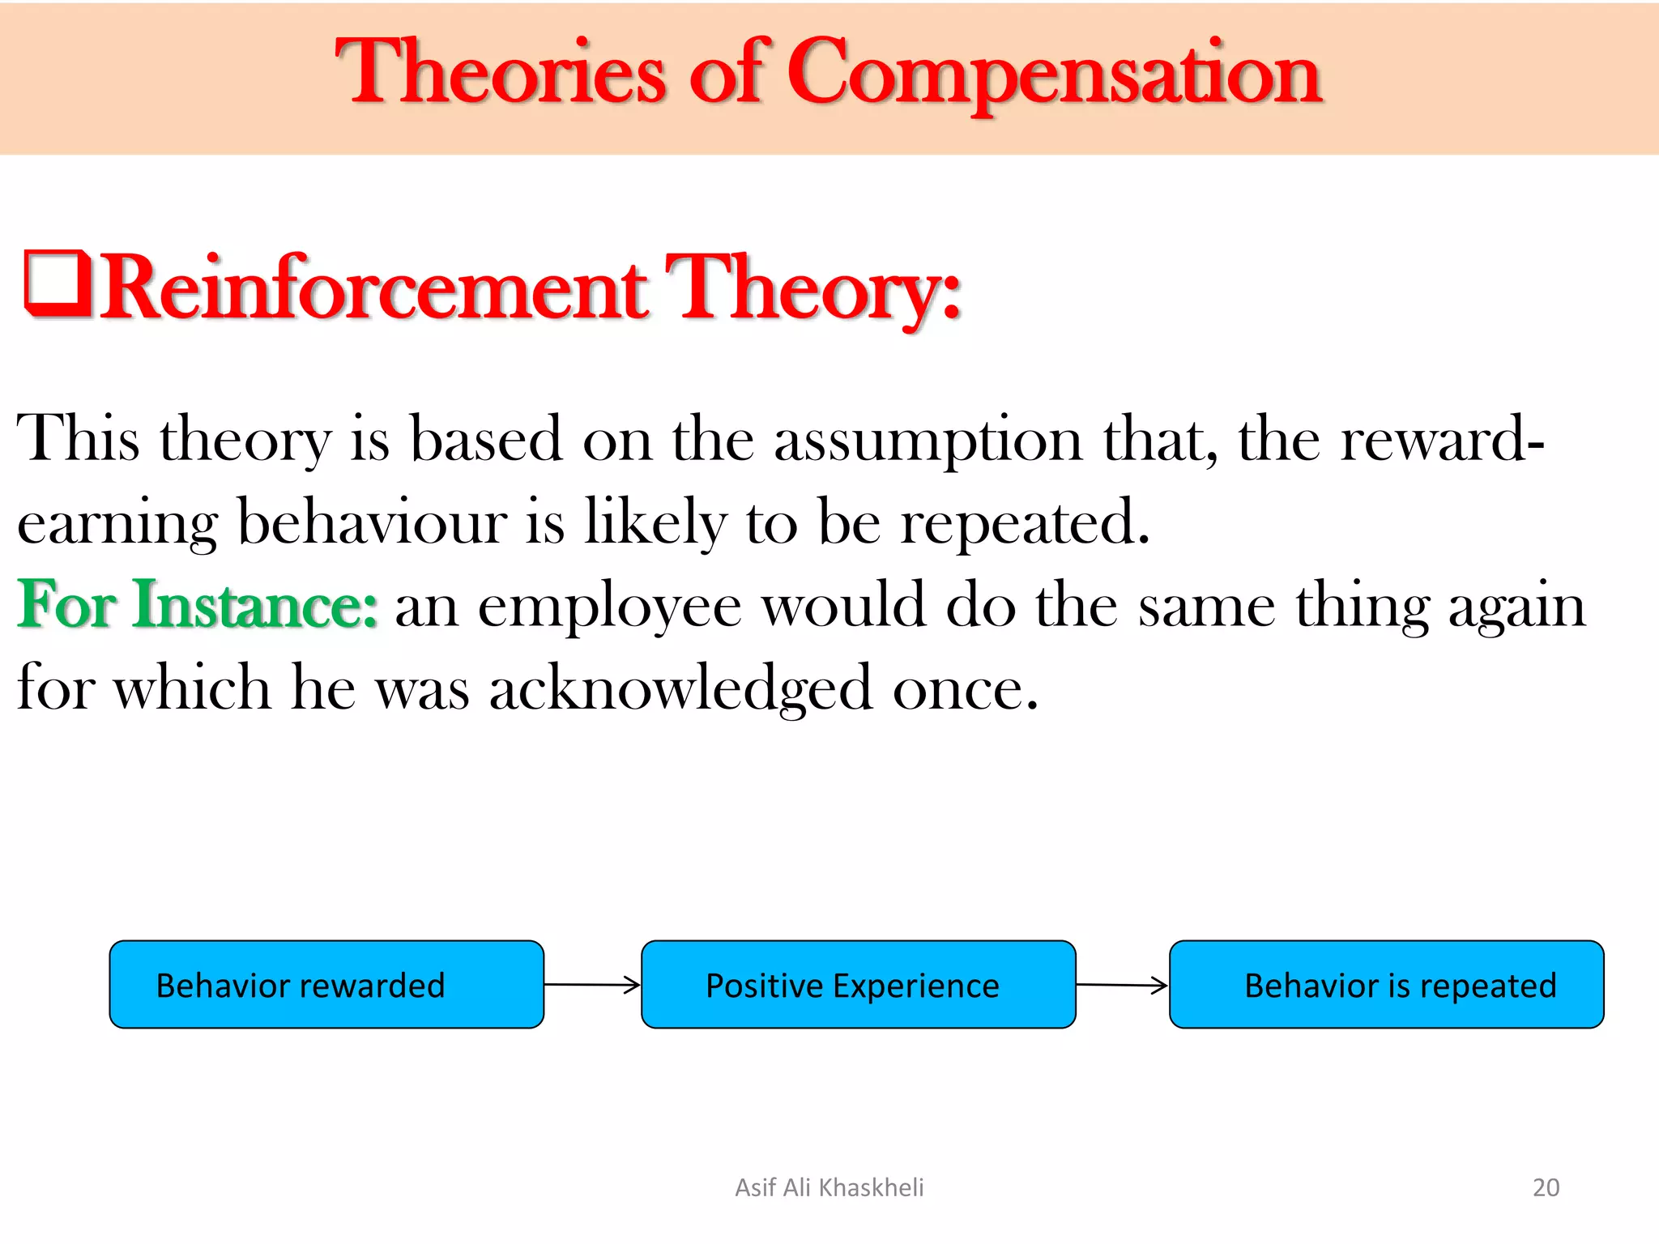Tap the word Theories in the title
501,75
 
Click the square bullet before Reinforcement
57,283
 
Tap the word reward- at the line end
1442,440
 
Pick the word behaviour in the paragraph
372,522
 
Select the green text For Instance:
198,605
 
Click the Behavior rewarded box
326,985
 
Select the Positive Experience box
858,985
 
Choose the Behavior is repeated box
1386,985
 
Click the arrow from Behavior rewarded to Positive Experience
592,985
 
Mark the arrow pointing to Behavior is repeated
1122,985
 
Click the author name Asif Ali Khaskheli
829,1187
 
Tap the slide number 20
1546,1187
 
